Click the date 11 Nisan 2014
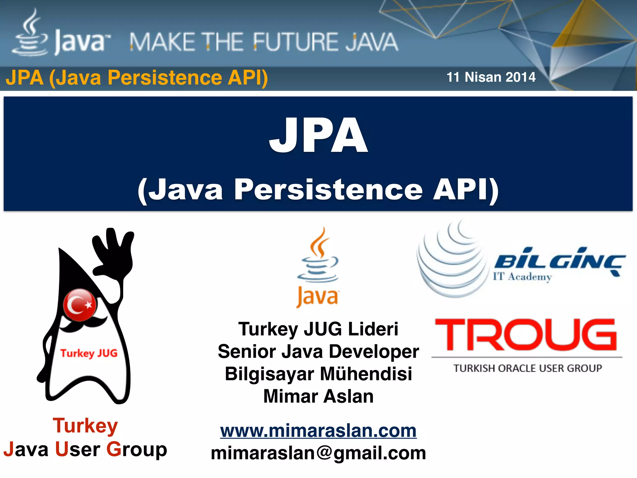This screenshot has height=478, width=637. (491, 77)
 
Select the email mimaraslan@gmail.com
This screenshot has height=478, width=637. (318, 453)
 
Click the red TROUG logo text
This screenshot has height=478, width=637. (526, 335)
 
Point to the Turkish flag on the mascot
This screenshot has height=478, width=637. (80, 305)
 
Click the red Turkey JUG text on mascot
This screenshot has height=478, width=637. (89, 353)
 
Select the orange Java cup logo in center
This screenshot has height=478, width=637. (318, 268)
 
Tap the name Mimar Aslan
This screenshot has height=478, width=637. (318, 396)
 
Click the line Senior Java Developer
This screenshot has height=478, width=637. (318, 352)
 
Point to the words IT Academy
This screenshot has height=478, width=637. (522, 277)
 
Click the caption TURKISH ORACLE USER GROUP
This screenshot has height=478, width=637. (528, 368)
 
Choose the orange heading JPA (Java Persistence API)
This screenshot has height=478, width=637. (137, 77)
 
